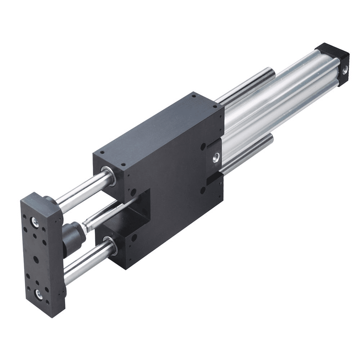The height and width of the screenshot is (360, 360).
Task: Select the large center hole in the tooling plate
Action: tap(36, 258)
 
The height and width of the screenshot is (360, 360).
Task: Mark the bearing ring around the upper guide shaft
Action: tap(109, 175)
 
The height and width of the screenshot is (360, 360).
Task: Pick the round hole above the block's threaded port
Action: tap(203, 147)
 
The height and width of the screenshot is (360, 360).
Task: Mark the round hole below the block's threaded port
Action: tap(203, 189)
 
